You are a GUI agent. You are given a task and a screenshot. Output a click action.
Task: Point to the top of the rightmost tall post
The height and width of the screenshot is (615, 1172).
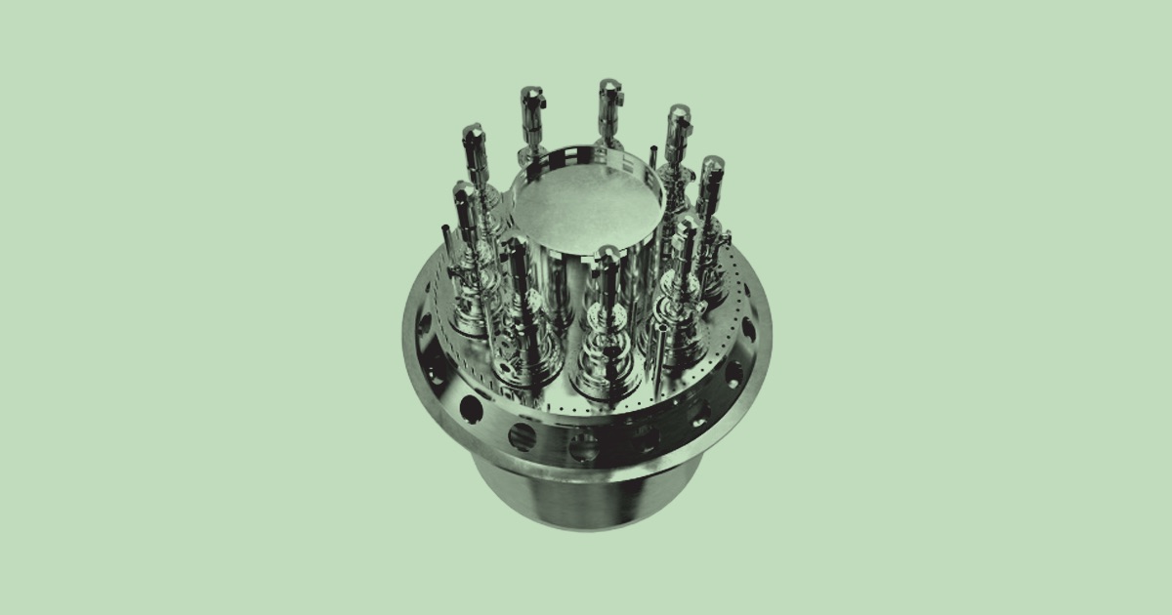(710, 166)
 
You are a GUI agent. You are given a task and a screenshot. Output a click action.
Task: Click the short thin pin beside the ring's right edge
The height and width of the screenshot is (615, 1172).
(652, 155)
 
